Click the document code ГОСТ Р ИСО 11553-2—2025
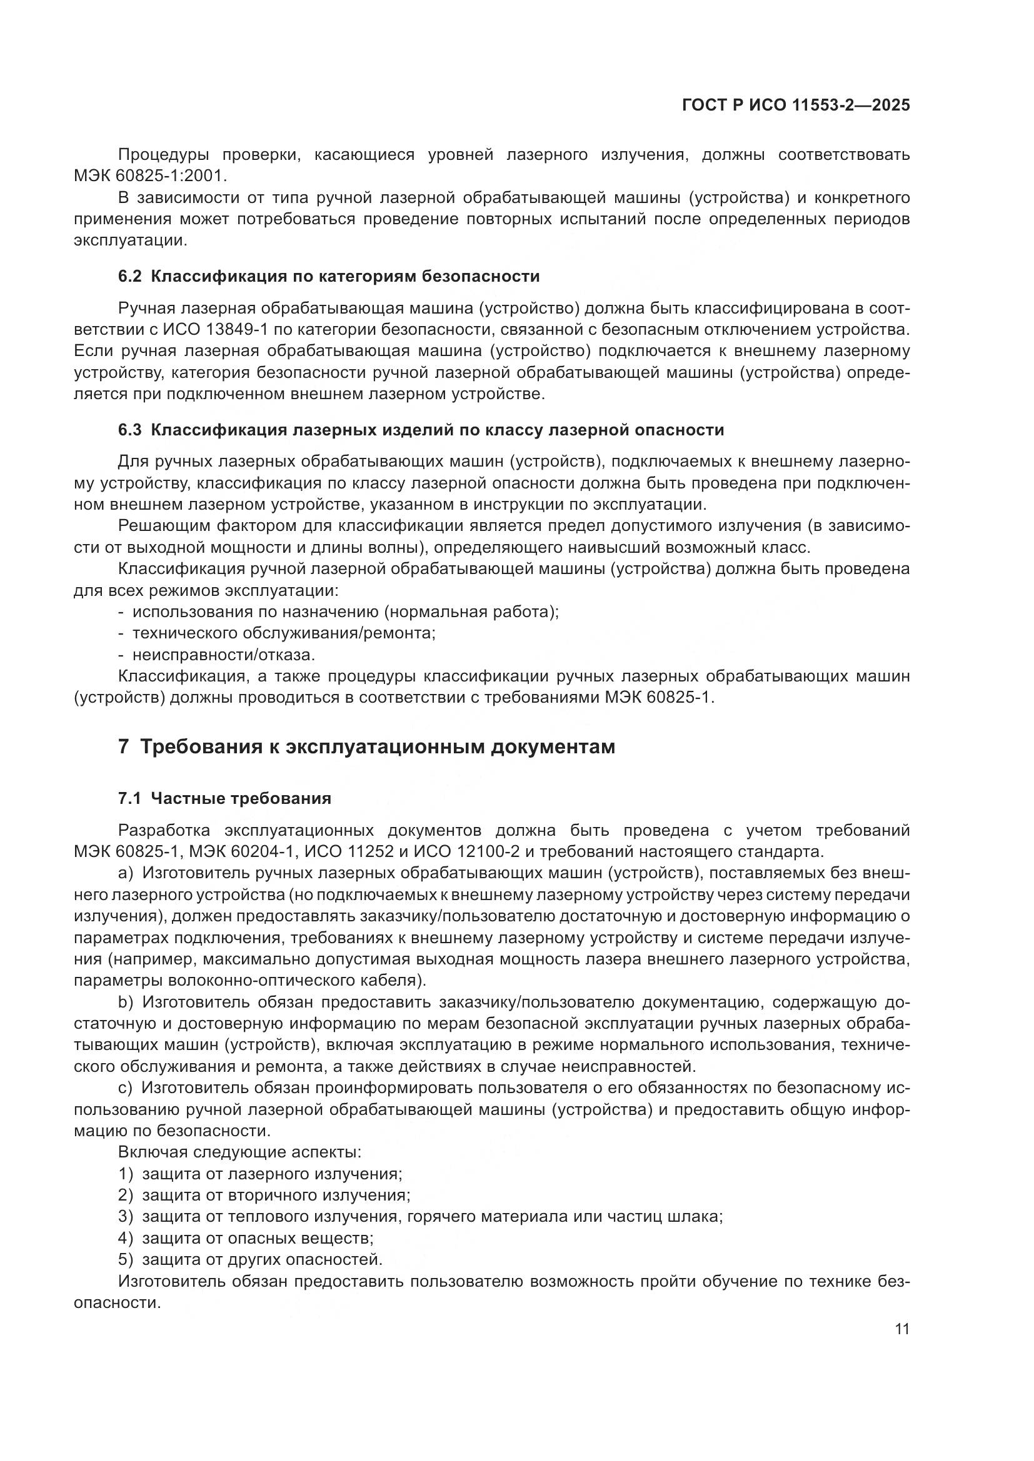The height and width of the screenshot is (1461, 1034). (x=795, y=105)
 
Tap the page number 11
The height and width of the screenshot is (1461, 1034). (x=901, y=1329)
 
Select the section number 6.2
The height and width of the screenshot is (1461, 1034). (x=130, y=276)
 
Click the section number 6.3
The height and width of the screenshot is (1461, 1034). (x=130, y=430)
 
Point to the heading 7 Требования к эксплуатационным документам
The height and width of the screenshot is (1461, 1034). (x=367, y=746)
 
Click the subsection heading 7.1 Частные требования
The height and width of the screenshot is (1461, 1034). (x=225, y=799)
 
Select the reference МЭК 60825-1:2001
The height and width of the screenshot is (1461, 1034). (x=150, y=175)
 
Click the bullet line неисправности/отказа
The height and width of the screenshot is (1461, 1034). (x=223, y=655)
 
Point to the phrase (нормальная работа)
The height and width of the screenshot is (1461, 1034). (x=471, y=612)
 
